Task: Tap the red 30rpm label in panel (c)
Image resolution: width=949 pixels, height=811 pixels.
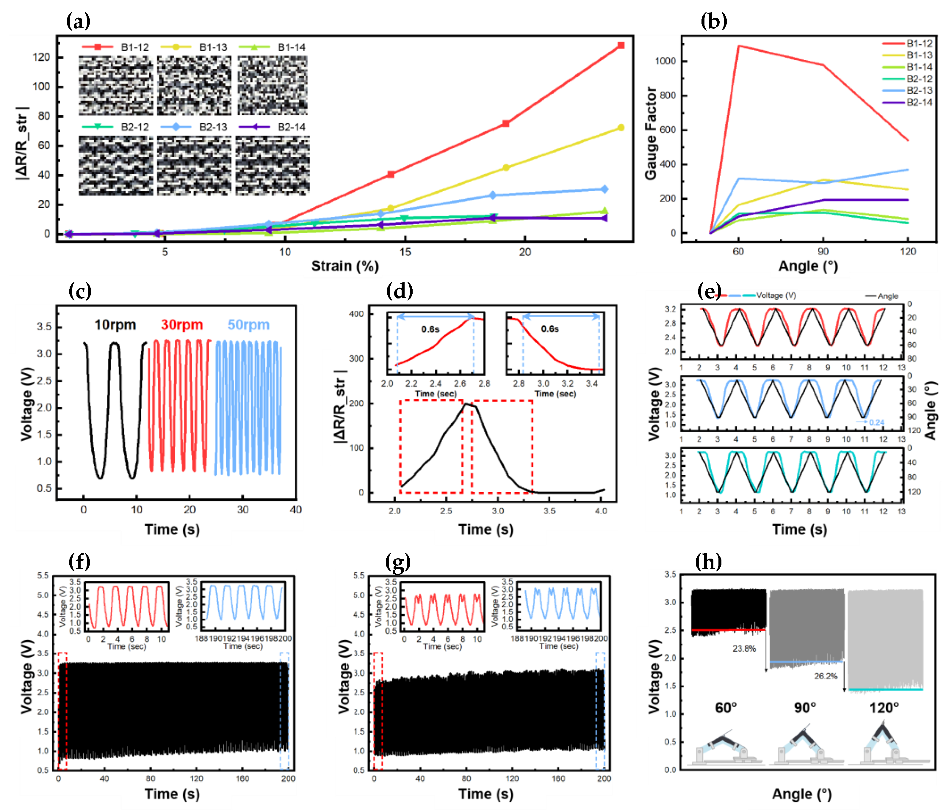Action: (182, 325)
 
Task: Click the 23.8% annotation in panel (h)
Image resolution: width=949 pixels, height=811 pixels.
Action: (744, 648)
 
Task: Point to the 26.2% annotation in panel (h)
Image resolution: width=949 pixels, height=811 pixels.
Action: (825, 676)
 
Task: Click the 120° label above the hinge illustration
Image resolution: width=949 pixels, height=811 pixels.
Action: (884, 708)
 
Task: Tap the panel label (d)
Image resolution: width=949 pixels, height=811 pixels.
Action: (400, 291)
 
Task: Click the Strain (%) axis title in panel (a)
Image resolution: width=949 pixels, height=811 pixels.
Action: (345, 266)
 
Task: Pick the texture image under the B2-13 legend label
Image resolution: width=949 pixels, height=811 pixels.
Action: (194, 166)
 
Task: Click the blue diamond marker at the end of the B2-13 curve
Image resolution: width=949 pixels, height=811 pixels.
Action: (604, 189)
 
